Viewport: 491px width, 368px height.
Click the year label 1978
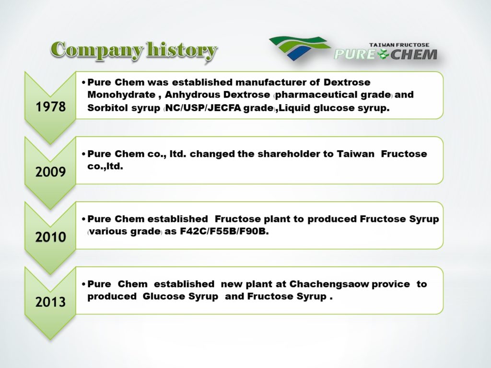tap(50, 107)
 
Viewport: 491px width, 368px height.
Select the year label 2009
tap(50, 172)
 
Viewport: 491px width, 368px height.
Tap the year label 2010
tap(50, 237)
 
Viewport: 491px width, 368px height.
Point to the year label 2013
tap(50, 302)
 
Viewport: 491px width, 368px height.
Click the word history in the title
tap(182, 50)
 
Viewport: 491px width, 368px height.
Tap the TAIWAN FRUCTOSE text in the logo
tap(399, 45)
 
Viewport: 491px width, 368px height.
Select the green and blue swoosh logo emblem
tap(299, 48)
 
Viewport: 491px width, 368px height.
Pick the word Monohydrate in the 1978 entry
tap(121, 95)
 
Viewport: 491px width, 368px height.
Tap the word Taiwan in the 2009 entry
tap(355, 154)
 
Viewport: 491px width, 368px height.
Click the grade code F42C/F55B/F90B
tap(224, 232)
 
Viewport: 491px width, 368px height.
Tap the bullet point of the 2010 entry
tap(83, 219)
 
